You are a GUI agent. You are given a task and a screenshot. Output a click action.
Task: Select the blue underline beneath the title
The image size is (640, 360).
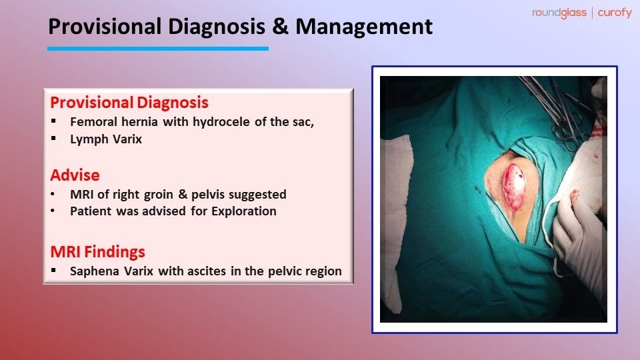157,48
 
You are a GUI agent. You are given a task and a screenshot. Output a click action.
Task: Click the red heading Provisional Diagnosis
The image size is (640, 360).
129,103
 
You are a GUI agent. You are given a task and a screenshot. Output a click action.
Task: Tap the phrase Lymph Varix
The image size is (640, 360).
106,139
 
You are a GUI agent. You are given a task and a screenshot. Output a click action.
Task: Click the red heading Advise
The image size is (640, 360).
75,175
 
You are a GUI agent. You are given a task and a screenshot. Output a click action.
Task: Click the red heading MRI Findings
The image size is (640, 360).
97,253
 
